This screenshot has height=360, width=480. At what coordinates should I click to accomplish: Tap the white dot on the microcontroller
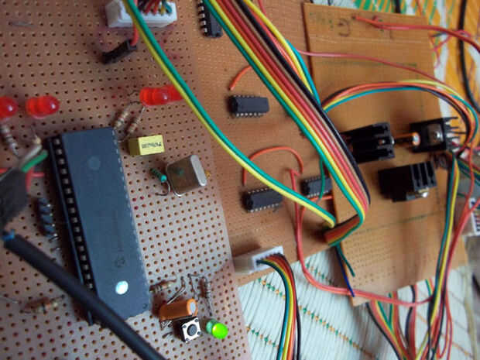click(x=122, y=287)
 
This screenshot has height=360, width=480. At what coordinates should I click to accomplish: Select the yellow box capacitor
click(x=145, y=145)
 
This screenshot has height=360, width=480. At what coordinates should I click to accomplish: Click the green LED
click(x=218, y=331)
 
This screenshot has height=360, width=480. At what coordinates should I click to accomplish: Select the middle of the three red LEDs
click(x=42, y=105)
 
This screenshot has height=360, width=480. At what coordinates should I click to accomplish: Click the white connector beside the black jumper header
click(x=141, y=13)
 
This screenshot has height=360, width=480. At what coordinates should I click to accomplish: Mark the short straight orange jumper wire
click(x=239, y=77)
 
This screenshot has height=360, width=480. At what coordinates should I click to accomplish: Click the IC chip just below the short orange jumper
click(x=249, y=105)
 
